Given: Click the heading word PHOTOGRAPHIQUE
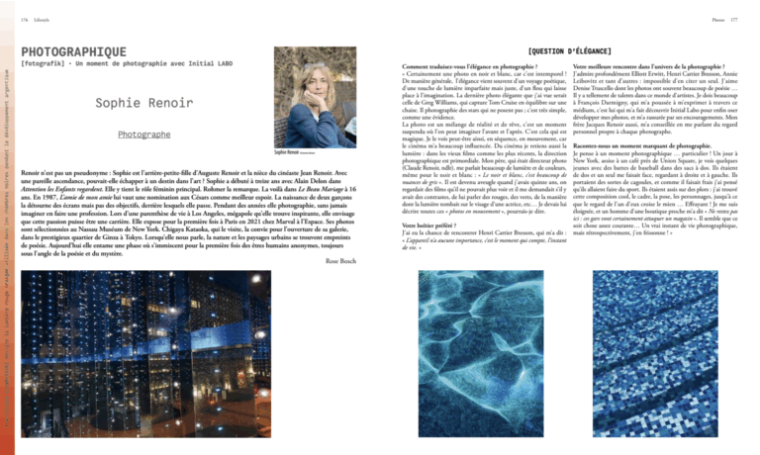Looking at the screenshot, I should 73,51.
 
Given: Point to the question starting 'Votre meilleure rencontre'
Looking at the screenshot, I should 646,64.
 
